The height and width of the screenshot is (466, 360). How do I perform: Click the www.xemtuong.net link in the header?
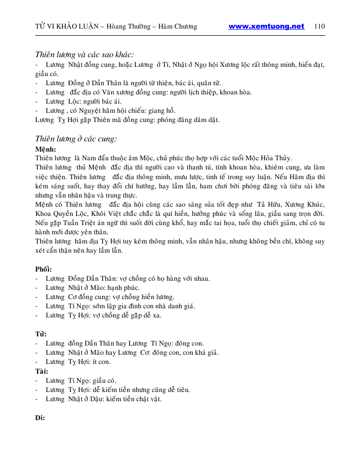(x=266, y=27)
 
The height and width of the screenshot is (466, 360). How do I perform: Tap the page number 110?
(x=320, y=27)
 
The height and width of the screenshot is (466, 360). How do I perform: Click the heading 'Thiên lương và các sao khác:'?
(x=84, y=55)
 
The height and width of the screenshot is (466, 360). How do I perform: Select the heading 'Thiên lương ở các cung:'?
(x=76, y=138)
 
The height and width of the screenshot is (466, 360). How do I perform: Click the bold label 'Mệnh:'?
(x=45, y=149)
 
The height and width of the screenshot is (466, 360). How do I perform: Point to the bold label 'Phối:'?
(x=43, y=269)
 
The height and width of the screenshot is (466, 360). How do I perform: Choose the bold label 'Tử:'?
(x=41, y=334)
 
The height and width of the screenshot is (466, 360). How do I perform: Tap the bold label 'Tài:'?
(x=41, y=371)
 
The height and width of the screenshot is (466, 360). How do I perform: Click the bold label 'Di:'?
(x=40, y=418)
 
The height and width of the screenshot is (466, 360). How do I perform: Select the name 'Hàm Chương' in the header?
(x=179, y=27)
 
